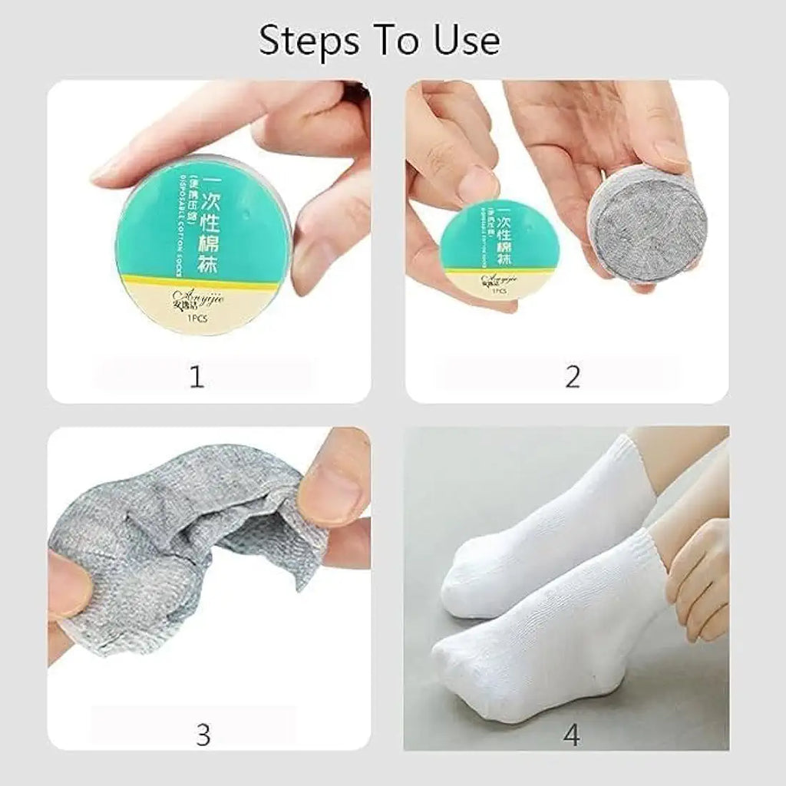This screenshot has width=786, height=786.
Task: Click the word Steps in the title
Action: (302, 41)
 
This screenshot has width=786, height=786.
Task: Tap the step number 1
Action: (196, 377)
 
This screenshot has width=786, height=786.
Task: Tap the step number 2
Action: (572, 377)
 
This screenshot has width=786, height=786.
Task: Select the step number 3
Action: (203, 735)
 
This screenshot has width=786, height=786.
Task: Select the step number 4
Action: (571, 735)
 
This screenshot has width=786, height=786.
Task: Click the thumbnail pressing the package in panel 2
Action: (477, 185)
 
